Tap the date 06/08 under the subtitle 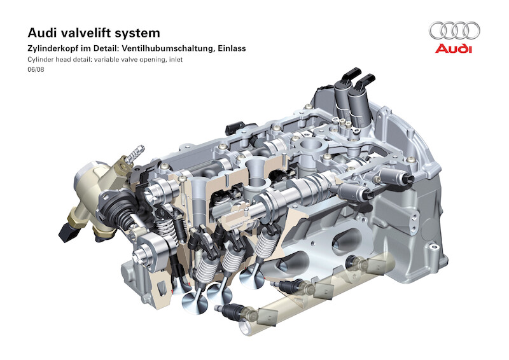point(36,69)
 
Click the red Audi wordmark point(454,48)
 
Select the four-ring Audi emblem point(454,31)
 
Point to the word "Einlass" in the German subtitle point(232,49)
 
